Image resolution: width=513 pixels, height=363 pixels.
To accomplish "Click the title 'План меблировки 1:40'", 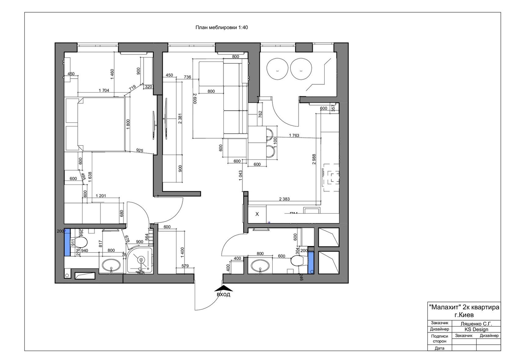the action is click(221, 28).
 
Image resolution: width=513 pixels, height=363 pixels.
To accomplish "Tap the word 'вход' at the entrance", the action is click(223, 295).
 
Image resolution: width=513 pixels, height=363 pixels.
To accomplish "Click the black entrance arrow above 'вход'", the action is click(223, 288).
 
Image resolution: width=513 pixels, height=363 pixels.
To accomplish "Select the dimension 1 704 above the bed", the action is click(104, 90).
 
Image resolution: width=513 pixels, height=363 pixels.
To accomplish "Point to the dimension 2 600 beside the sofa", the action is click(195, 98).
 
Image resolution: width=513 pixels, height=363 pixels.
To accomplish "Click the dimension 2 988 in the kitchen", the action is click(314, 159).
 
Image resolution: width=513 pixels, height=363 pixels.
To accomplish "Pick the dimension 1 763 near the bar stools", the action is click(294, 135).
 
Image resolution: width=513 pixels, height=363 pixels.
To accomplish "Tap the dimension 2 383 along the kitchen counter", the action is click(284, 199).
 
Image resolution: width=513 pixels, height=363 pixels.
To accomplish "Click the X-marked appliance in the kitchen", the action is click(257, 214).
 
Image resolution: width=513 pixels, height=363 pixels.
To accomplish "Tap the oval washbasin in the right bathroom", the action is click(260, 266).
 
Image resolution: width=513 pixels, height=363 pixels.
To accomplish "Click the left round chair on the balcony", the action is click(278, 69).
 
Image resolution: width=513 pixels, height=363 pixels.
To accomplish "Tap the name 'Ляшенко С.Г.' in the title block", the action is click(476, 324).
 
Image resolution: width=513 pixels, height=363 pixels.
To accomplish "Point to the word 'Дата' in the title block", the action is click(439, 348).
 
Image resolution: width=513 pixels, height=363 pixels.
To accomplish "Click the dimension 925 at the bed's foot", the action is click(140, 151).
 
